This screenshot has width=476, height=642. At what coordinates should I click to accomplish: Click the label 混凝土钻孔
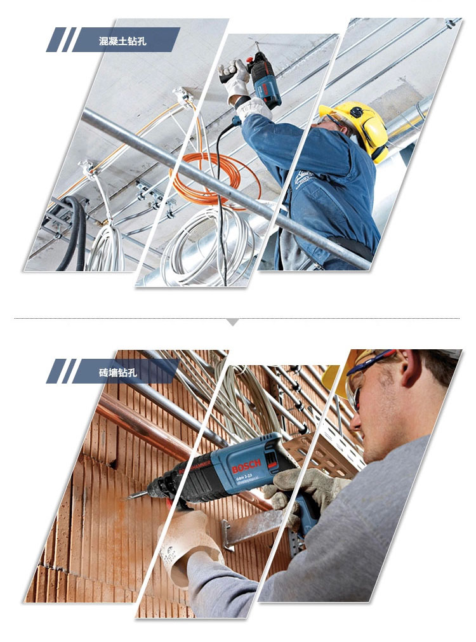tap(122, 41)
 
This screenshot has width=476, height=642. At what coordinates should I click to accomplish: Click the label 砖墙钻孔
tap(118, 372)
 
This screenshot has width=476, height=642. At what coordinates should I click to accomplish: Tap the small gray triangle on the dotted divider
tap(233, 322)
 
